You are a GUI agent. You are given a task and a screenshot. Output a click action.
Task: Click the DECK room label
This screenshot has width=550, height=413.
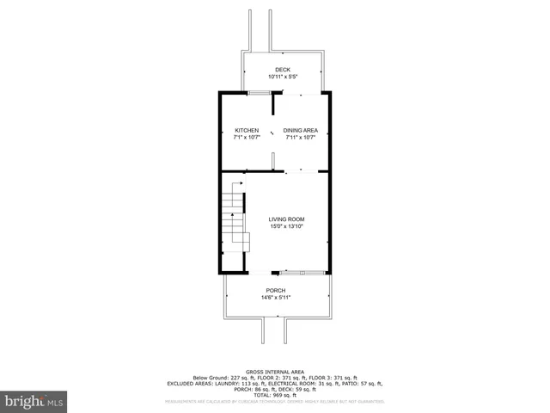point(283,70)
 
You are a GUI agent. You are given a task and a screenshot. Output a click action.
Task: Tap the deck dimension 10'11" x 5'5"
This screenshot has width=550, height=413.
point(283,77)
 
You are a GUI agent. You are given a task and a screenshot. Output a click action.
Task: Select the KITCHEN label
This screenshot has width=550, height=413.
point(247,130)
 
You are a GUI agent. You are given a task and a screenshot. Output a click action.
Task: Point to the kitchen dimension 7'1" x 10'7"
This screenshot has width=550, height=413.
point(247,137)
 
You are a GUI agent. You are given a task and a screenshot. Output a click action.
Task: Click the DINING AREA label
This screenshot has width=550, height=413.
point(301,130)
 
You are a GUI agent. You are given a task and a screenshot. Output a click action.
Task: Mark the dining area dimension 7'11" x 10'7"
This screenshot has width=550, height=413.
point(301,137)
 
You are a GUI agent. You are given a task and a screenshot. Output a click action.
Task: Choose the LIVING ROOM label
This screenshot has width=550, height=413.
point(287,219)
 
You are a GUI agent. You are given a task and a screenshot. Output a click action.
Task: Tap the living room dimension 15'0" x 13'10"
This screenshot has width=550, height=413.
point(287,226)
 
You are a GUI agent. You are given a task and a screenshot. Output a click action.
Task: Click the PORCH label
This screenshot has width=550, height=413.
point(276,291)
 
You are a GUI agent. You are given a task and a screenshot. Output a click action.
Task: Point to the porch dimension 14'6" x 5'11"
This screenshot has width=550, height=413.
point(276,298)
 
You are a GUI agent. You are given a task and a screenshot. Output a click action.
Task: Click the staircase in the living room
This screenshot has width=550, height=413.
point(235,224)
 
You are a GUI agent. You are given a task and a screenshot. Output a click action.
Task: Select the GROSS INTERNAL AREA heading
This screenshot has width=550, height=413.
point(276,371)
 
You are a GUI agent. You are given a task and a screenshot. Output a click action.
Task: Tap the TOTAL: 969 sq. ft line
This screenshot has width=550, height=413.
point(276,395)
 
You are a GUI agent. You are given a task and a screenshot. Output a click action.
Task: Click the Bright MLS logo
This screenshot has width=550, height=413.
point(34,401)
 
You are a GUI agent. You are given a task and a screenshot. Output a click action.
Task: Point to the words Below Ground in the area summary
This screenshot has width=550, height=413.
point(211,377)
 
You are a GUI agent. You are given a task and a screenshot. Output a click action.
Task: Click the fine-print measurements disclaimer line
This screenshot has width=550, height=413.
point(276,401)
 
